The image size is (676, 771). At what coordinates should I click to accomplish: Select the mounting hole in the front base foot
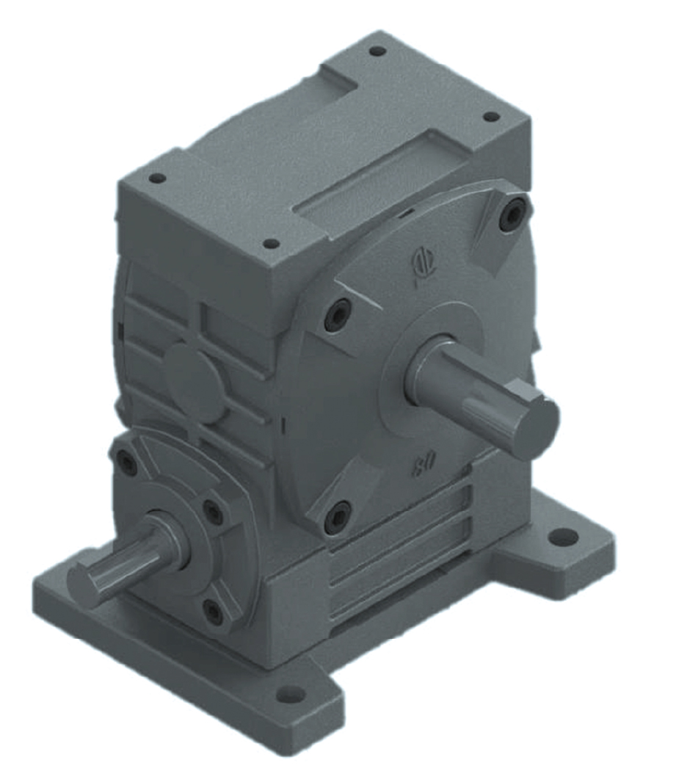click(292, 693)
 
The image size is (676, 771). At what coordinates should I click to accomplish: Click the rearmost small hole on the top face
click(378, 51)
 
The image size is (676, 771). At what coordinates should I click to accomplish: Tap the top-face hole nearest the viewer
click(271, 243)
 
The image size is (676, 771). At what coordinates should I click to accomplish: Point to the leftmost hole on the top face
click(156, 178)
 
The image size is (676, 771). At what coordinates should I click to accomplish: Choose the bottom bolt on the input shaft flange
click(212, 609)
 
